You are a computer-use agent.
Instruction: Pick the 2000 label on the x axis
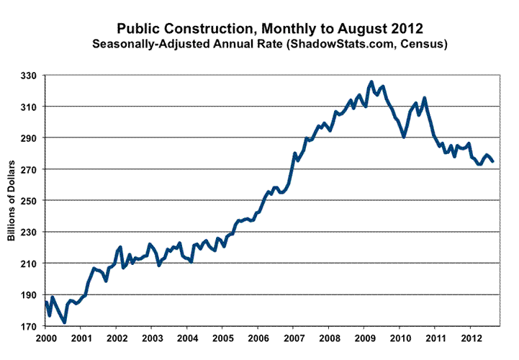(45, 338)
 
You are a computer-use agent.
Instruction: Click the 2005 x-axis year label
(222, 338)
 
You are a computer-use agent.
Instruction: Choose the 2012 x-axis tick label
(471, 338)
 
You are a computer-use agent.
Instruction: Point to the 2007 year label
(294, 338)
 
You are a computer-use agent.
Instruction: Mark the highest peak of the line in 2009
(371, 82)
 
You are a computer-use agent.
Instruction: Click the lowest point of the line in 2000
(65, 322)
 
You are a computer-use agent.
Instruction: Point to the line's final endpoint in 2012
(493, 161)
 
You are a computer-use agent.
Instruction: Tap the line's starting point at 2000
(46, 302)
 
